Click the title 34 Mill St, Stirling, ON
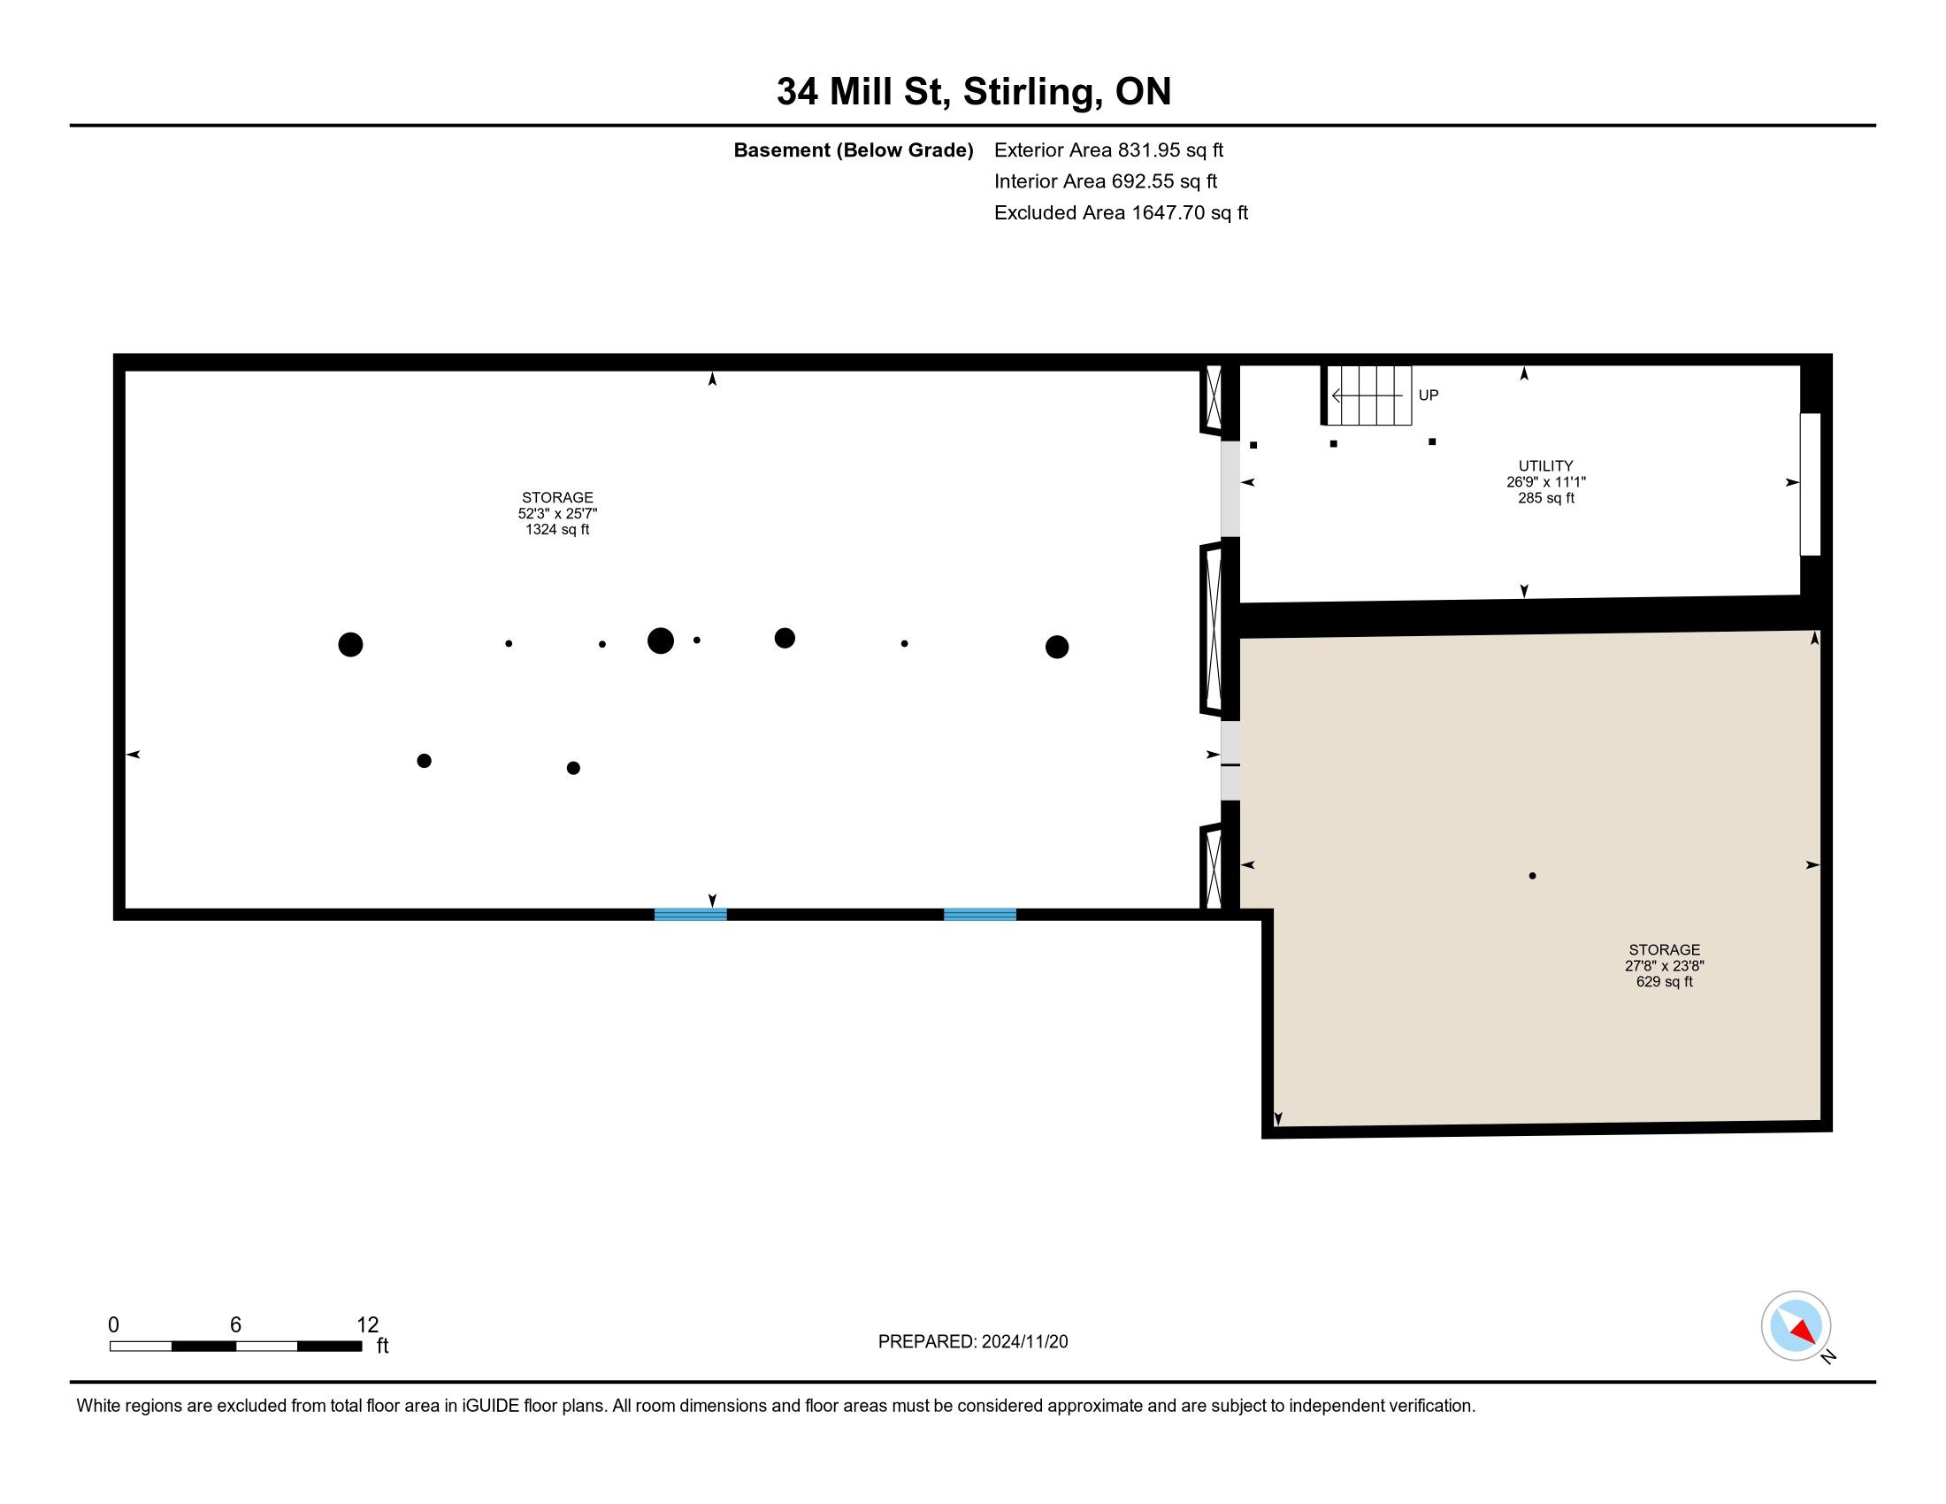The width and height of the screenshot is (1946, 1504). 973,91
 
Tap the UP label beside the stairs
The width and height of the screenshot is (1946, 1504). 1429,395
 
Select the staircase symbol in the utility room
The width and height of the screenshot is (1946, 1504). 1367,395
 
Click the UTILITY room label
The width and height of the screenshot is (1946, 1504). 1546,465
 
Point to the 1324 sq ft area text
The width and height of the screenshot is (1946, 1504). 557,529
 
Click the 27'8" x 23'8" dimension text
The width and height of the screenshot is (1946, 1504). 1665,966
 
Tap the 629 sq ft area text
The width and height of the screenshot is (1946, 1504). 1665,982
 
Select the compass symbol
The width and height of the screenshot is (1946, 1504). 1797,1326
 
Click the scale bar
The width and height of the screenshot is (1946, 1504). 235,1347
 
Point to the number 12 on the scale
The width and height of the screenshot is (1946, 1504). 368,1325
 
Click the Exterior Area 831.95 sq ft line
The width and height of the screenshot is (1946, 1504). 1108,150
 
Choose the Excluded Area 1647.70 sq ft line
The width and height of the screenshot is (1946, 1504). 1121,212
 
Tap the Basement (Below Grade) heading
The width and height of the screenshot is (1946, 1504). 853,150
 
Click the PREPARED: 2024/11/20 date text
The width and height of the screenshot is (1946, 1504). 973,1342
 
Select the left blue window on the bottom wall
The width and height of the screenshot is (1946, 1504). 691,914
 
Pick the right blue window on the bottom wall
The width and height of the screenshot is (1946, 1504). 980,914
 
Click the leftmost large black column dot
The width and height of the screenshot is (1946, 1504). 350,644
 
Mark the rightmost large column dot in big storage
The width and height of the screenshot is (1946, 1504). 1057,647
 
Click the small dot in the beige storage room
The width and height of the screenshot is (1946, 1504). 1533,876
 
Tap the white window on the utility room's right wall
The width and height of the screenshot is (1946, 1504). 1811,485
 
